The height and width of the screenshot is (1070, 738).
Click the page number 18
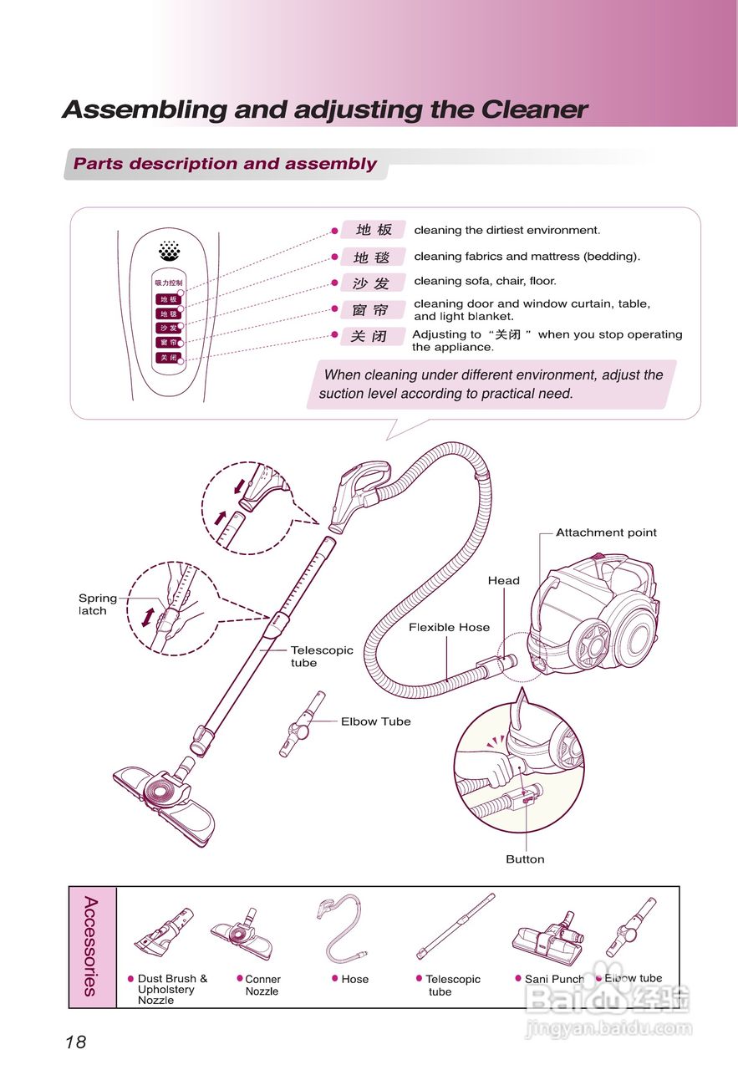point(75,1042)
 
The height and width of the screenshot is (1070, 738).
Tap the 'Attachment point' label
point(606,532)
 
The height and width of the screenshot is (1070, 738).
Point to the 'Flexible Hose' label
point(449,627)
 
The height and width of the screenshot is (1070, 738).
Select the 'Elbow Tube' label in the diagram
point(375,721)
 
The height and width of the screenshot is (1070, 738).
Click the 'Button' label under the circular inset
point(525,859)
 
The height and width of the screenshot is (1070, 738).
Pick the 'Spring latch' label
point(97,604)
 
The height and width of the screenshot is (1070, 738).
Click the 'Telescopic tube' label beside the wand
point(321,656)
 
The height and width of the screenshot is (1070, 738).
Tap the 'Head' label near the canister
point(503,580)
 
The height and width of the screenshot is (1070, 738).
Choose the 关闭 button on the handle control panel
point(168,357)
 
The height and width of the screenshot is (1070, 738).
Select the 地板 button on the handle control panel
point(168,299)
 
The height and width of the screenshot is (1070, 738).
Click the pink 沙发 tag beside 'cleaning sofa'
point(372,283)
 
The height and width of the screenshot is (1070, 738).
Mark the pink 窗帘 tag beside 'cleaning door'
point(372,310)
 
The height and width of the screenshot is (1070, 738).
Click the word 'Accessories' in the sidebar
point(91,946)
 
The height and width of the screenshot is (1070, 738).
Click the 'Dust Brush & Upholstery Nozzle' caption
point(171,989)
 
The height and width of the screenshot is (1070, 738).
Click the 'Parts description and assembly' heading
point(225,164)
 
